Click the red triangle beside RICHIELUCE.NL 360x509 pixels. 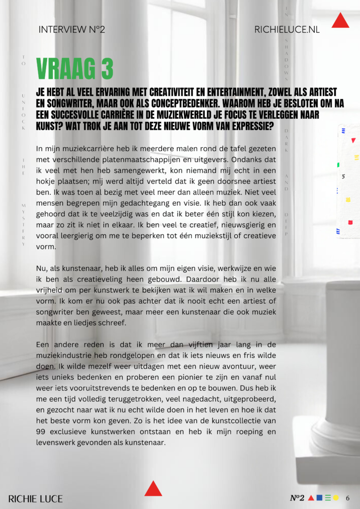tap(340, 21)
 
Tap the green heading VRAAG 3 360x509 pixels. tap(75, 69)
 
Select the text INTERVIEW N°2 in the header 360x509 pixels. tap(72, 30)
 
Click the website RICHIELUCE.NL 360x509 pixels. tap(287, 30)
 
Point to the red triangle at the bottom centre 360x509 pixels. tap(153, 489)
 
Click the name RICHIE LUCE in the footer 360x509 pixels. tap(36, 499)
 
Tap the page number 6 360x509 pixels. tap(348, 498)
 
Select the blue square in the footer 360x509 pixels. tap(320, 498)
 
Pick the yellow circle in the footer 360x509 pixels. tap(336, 498)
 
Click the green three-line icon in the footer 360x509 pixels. tap(328, 498)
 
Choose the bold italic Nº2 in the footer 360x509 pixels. tap(297, 498)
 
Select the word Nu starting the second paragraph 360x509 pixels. tap(42, 268)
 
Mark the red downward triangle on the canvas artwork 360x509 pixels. tap(353, 141)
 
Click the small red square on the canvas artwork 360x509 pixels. tap(350, 222)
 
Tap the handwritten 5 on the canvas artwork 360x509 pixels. tap(344, 176)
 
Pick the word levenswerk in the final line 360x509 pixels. tap(56, 442)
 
